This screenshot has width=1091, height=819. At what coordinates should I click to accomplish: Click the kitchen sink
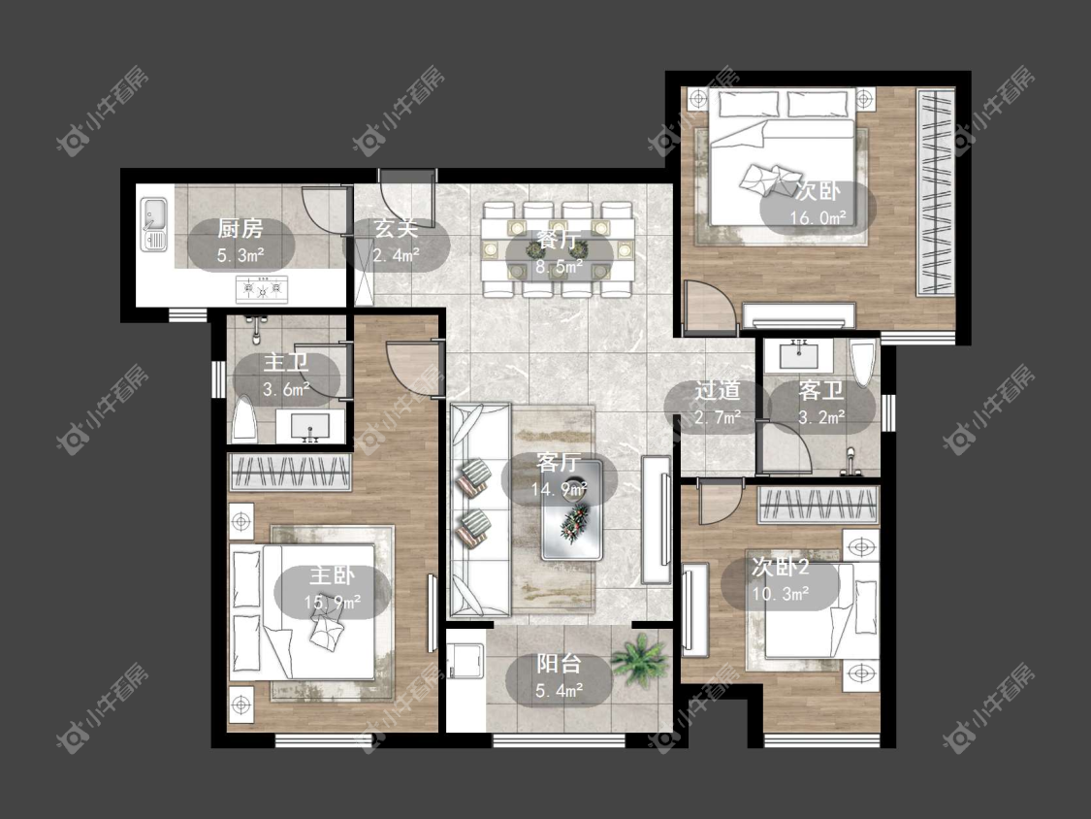(x=154, y=224)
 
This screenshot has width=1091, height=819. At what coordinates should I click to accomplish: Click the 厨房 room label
(x=241, y=228)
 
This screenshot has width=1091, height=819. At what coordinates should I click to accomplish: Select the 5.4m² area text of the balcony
(x=560, y=690)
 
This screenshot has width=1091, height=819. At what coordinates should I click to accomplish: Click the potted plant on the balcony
(x=639, y=660)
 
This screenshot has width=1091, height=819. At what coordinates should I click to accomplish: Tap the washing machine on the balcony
(x=465, y=660)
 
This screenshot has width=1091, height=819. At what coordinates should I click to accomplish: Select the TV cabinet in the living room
(x=656, y=519)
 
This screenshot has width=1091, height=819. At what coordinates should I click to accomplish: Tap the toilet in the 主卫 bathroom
(x=244, y=419)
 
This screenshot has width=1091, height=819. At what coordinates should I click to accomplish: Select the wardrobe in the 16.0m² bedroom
(x=935, y=192)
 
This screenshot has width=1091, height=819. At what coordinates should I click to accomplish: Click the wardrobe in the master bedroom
(x=290, y=472)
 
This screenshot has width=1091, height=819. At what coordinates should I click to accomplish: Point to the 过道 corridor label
(x=718, y=391)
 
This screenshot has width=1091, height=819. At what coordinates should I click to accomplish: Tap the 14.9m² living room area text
(x=559, y=489)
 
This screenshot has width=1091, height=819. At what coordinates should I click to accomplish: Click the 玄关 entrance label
(x=397, y=228)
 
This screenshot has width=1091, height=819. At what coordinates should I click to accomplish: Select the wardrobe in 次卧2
(x=818, y=505)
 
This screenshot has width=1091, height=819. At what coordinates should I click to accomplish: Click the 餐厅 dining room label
(x=559, y=241)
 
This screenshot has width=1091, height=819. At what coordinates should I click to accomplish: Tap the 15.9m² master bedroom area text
(x=332, y=602)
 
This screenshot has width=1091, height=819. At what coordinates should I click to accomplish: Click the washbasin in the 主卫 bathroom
(x=309, y=426)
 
